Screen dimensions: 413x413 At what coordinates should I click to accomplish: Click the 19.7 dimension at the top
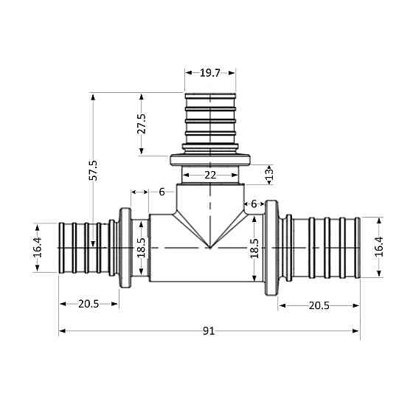tap(209, 72)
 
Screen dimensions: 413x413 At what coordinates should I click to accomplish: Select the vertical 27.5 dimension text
tap(142, 124)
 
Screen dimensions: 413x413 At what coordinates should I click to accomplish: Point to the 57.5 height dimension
tap(93, 169)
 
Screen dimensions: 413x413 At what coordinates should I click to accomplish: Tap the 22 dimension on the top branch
tap(210, 175)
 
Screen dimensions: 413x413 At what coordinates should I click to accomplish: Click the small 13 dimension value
tap(269, 174)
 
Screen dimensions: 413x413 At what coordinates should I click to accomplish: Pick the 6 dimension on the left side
tap(162, 192)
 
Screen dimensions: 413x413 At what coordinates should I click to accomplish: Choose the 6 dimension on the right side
tap(254, 204)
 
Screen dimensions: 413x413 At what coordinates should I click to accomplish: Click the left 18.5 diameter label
tap(142, 247)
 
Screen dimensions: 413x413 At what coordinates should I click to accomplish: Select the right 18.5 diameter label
tap(255, 247)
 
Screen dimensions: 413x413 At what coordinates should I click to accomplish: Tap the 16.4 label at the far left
tap(37, 247)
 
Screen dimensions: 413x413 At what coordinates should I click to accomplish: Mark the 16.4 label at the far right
tap(379, 245)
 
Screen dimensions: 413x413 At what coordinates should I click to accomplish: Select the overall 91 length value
tap(209, 331)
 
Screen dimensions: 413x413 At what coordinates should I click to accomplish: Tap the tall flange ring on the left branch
tap(125, 247)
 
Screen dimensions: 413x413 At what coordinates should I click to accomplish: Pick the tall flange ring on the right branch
tap(271, 247)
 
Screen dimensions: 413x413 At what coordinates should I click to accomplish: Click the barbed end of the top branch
tap(210, 118)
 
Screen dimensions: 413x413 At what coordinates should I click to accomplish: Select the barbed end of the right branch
tap(324, 247)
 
